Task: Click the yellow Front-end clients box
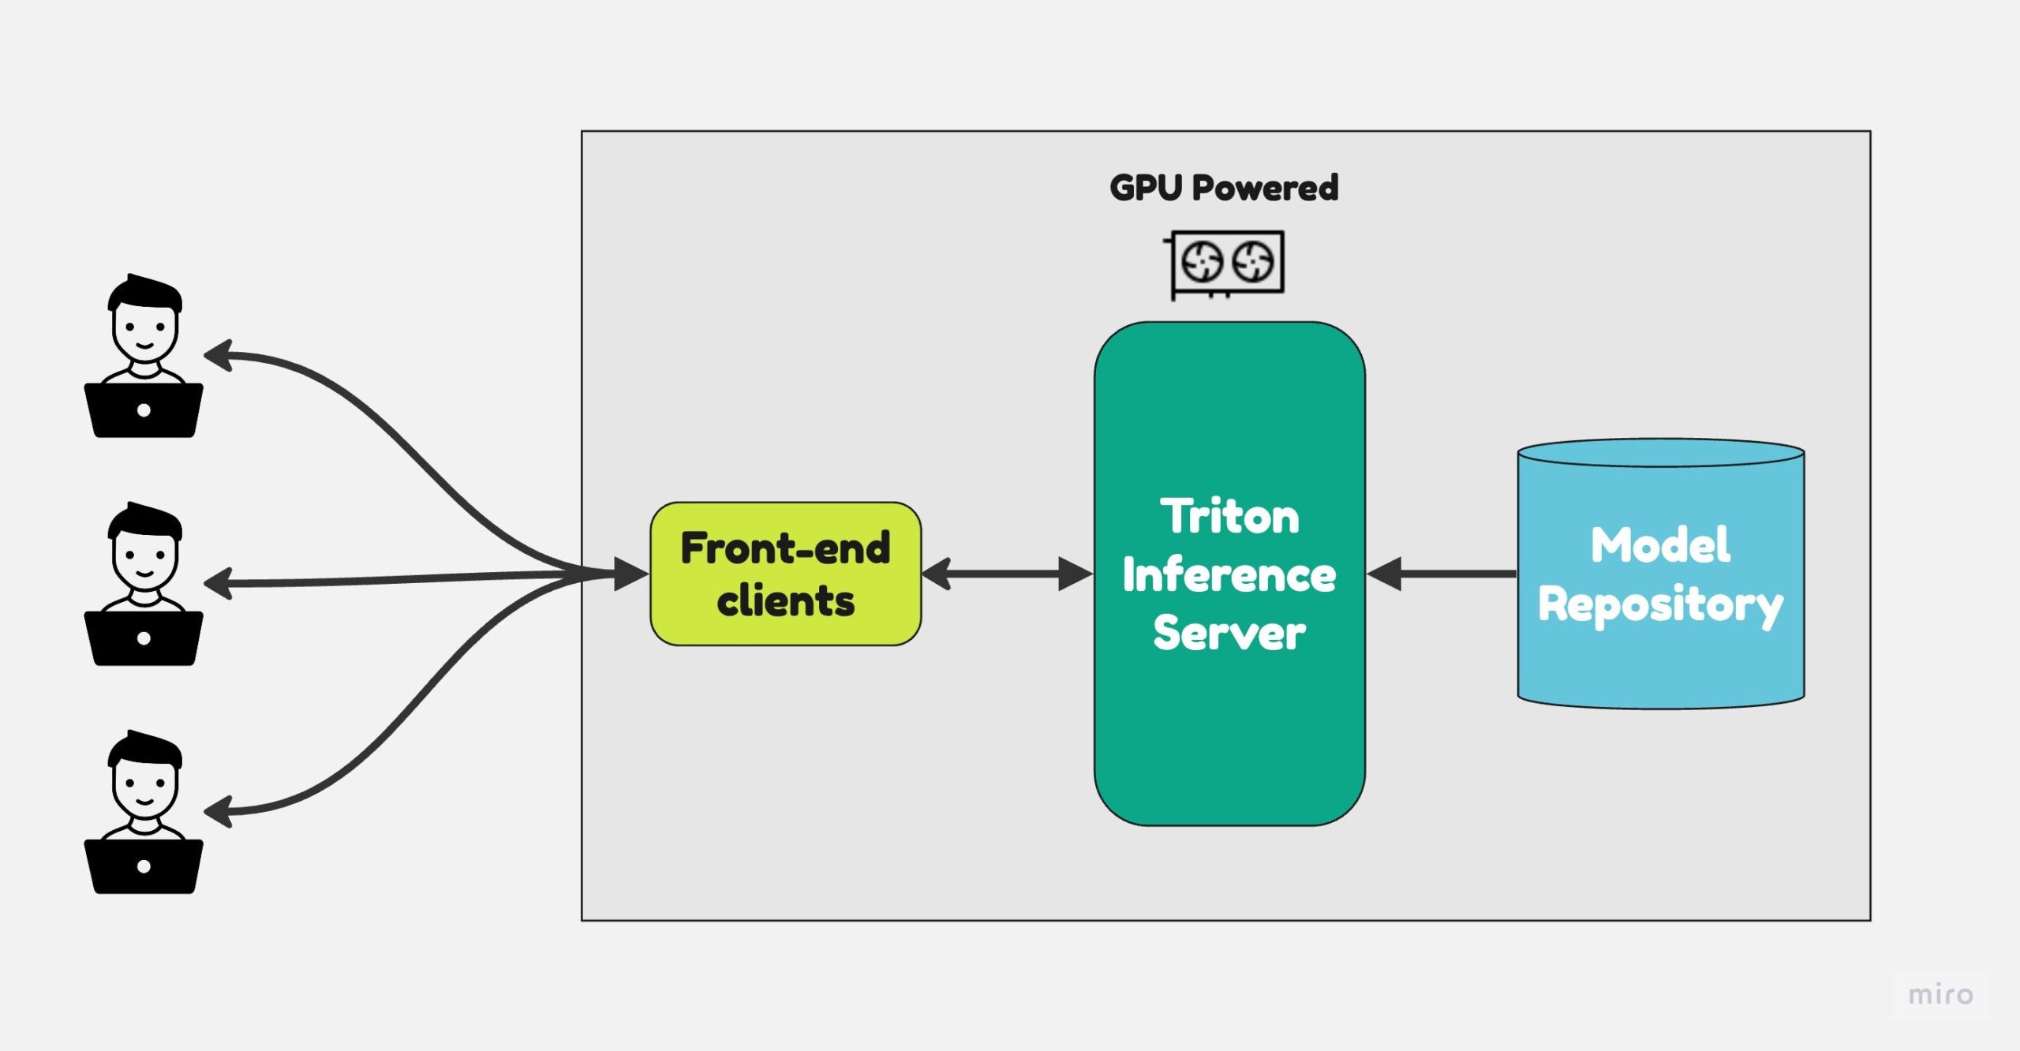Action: [x=785, y=574]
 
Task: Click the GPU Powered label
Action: [x=1224, y=188]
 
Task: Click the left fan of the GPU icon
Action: [x=1202, y=262]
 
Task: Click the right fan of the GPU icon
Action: [x=1253, y=262]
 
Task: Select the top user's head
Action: [x=144, y=320]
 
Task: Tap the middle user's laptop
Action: [x=144, y=638]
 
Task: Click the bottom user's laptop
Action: [x=144, y=866]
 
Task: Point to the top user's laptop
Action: [x=144, y=410]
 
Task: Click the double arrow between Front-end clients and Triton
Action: [x=1007, y=574]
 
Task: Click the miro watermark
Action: [x=1940, y=994]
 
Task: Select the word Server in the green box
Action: [x=1229, y=633]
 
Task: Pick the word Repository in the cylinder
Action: [x=1660, y=605]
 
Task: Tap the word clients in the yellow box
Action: [x=785, y=601]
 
